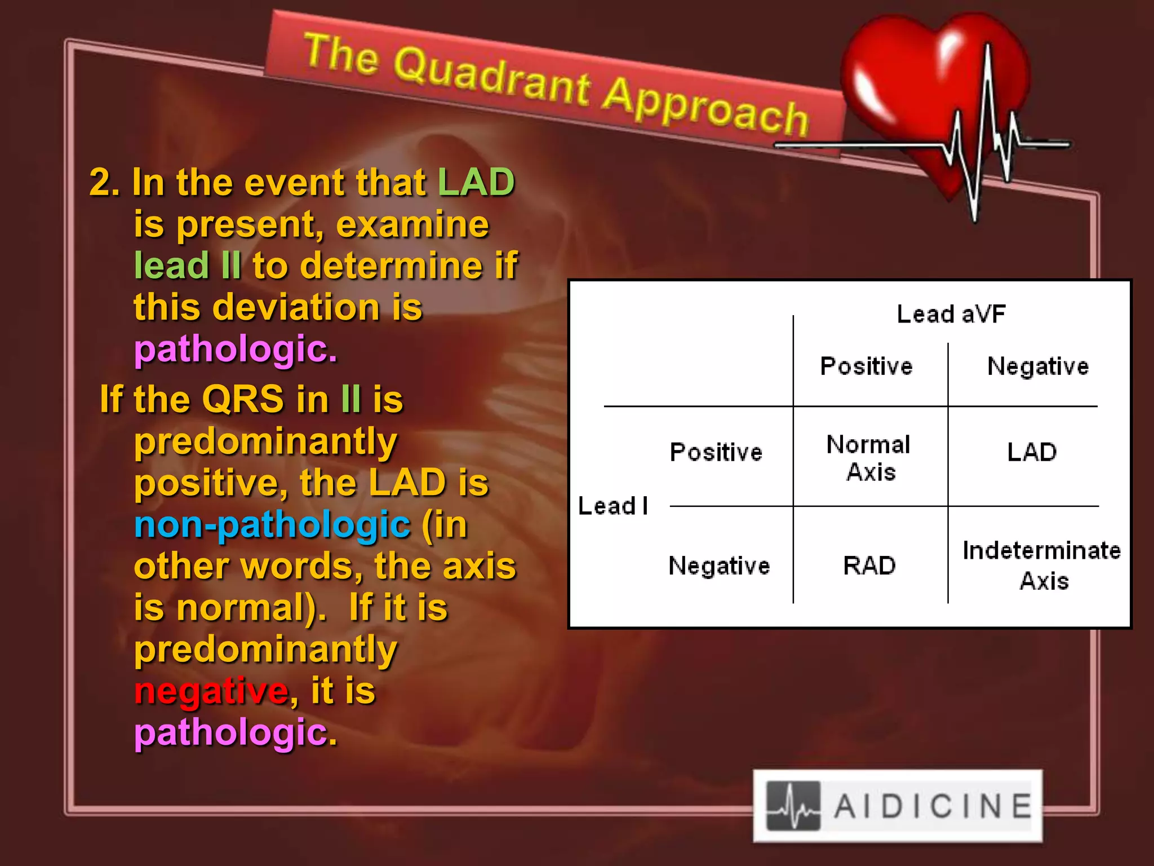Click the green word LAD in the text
point(476,182)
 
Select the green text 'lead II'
point(188,266)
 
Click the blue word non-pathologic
point(272,525)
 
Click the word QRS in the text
point(243,399)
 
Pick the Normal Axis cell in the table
point(869,458)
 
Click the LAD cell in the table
point(1032,452)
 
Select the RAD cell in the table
point(869,565)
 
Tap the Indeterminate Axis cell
point(1042,565)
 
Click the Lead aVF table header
point(951,314)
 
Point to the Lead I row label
point(613,506)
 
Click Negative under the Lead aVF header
point(1037,366)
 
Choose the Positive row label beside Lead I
point(716,452)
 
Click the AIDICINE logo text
point(933,806)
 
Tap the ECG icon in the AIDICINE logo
point(793,806)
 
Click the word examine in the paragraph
point(412,224)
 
